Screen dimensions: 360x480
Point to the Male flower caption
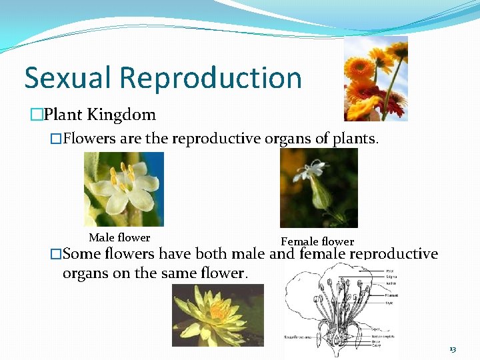[x=119, y=237]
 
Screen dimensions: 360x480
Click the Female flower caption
[x=317, y=241]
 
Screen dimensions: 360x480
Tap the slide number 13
[x=453, y=349]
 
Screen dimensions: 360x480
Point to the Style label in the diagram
[x=389, y=303]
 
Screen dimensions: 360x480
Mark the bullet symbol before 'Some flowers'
[x=56, y=254]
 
